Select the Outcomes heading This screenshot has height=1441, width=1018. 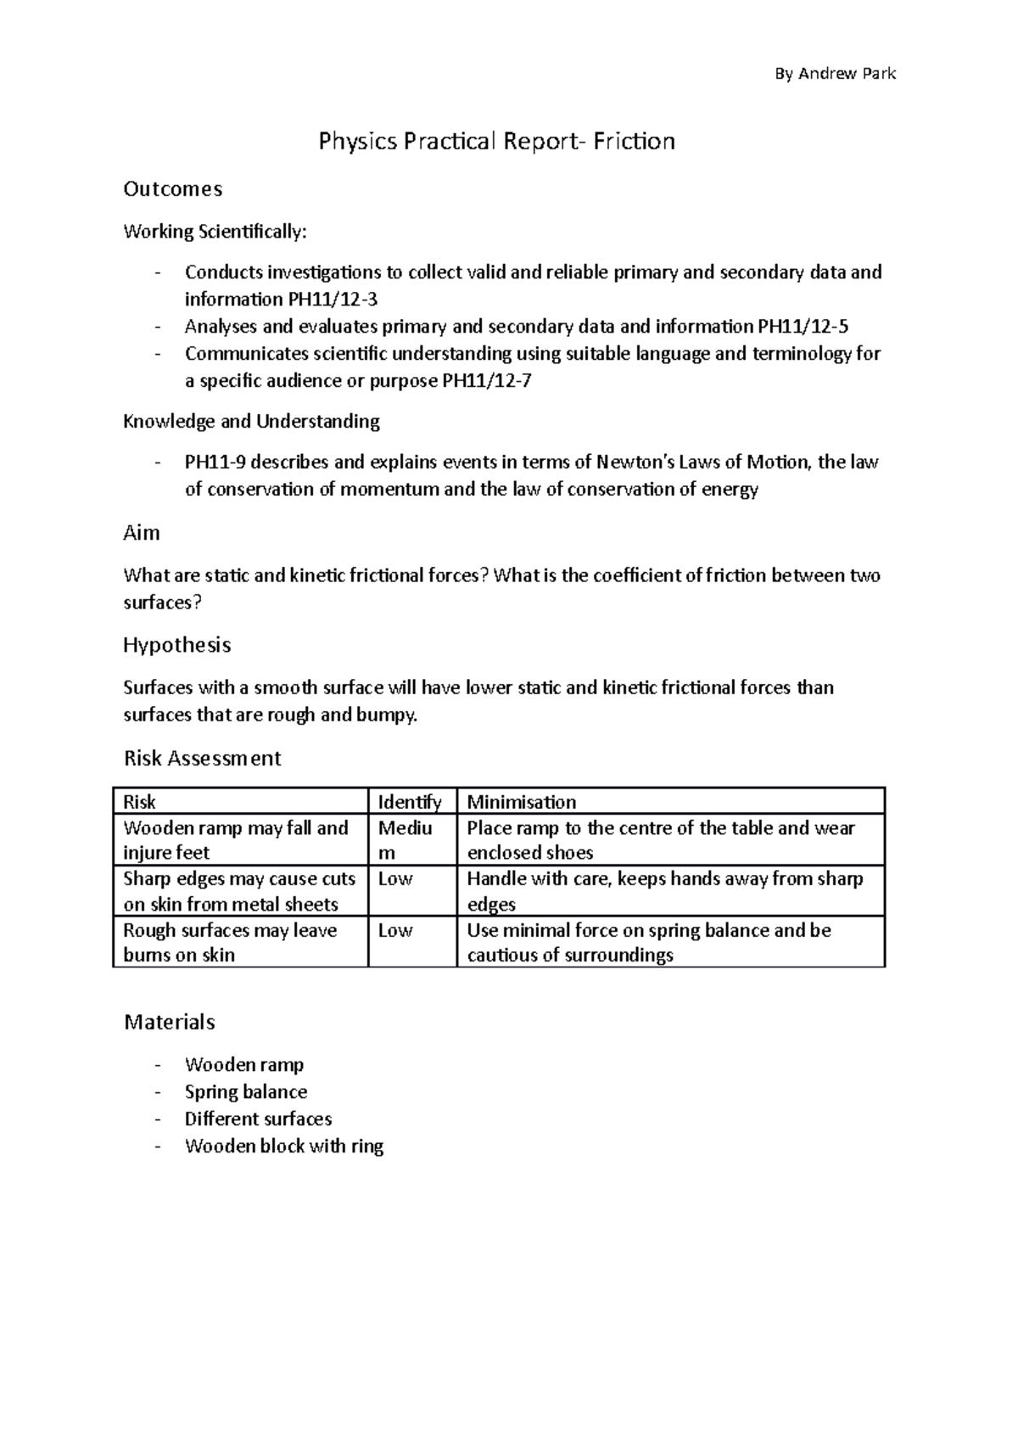173,188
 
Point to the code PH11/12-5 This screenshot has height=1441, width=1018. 802,327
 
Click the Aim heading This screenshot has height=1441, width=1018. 142,533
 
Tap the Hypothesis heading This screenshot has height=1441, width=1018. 176,645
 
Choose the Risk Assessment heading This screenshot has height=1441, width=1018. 202,758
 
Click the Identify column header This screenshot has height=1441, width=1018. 410,802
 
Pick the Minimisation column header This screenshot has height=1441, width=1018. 522,802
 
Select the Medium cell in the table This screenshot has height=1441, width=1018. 406,839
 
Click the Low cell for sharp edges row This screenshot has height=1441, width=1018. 395,879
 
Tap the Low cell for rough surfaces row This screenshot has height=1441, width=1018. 395,931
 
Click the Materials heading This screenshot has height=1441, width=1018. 170,1022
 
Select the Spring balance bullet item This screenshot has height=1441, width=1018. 246,1092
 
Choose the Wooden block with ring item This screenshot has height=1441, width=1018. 284,1147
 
